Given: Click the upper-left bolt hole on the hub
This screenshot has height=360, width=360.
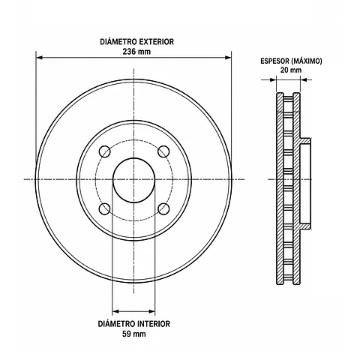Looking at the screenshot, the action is coord(105,151).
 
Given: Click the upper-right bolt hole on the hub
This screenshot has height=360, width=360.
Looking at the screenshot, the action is coord(163,151).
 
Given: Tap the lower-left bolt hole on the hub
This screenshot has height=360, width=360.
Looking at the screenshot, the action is coord(105,209).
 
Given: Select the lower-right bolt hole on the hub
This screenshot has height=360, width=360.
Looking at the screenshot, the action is coord(163,209).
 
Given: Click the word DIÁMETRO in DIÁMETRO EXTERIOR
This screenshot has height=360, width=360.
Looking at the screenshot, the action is coord(118,41).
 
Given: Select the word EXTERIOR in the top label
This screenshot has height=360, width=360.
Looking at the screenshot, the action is coord(156,41).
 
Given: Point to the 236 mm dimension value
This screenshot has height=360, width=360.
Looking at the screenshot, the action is coord(136,52).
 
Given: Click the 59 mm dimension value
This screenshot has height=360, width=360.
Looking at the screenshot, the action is coord(134,334).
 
